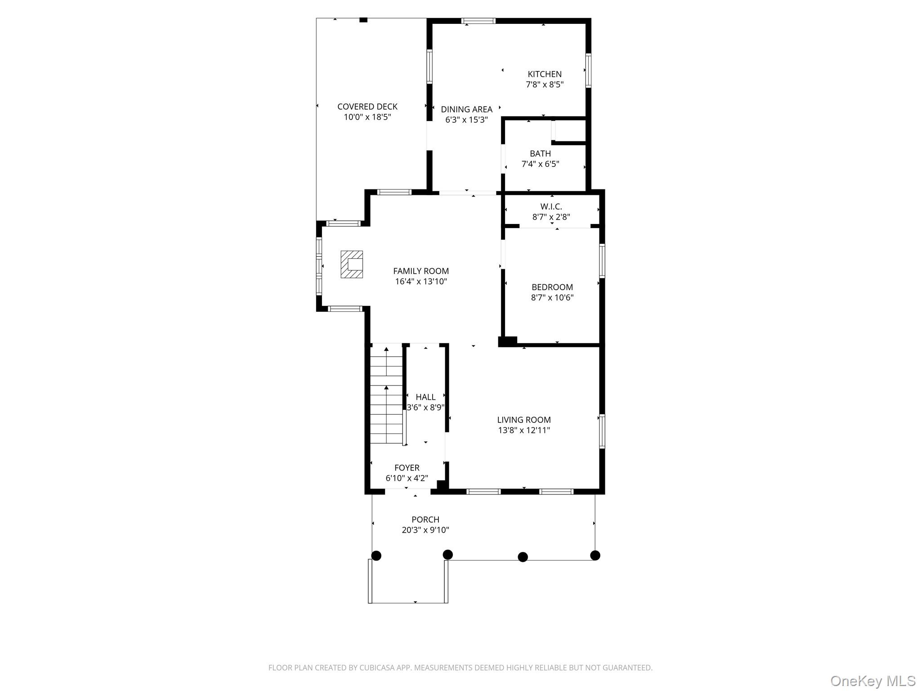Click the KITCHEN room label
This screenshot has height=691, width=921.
click(x=544, y=74)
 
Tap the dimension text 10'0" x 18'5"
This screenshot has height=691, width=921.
click(x=367, y=117)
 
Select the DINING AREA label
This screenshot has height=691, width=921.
click(x=466, y=109)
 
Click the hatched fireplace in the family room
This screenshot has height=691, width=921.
click(x=352, y=265)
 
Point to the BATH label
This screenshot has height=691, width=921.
click(x=540, y=154)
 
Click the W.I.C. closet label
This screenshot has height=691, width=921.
click(x=551, y=207)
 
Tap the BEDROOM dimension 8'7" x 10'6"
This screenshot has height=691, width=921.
click(x=552, y=298)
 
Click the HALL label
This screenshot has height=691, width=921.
click(x=425, y=397)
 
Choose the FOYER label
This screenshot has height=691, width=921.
click(x=407, y=468)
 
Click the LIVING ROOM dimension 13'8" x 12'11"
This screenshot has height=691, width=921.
click(x=524, y=431)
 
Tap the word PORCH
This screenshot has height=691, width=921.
click(x=425, y=520)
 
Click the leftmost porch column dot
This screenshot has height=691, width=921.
click(x=376, y=556)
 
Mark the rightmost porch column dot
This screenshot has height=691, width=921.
click(x=595, y=556)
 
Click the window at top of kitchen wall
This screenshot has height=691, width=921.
click(x=478, y=21)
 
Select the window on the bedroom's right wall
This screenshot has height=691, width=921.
click(x=602, y=260)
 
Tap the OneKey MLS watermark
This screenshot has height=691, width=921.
click(x=872, y=681)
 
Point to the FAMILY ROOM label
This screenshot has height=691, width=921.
click(x=421, y=271)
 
